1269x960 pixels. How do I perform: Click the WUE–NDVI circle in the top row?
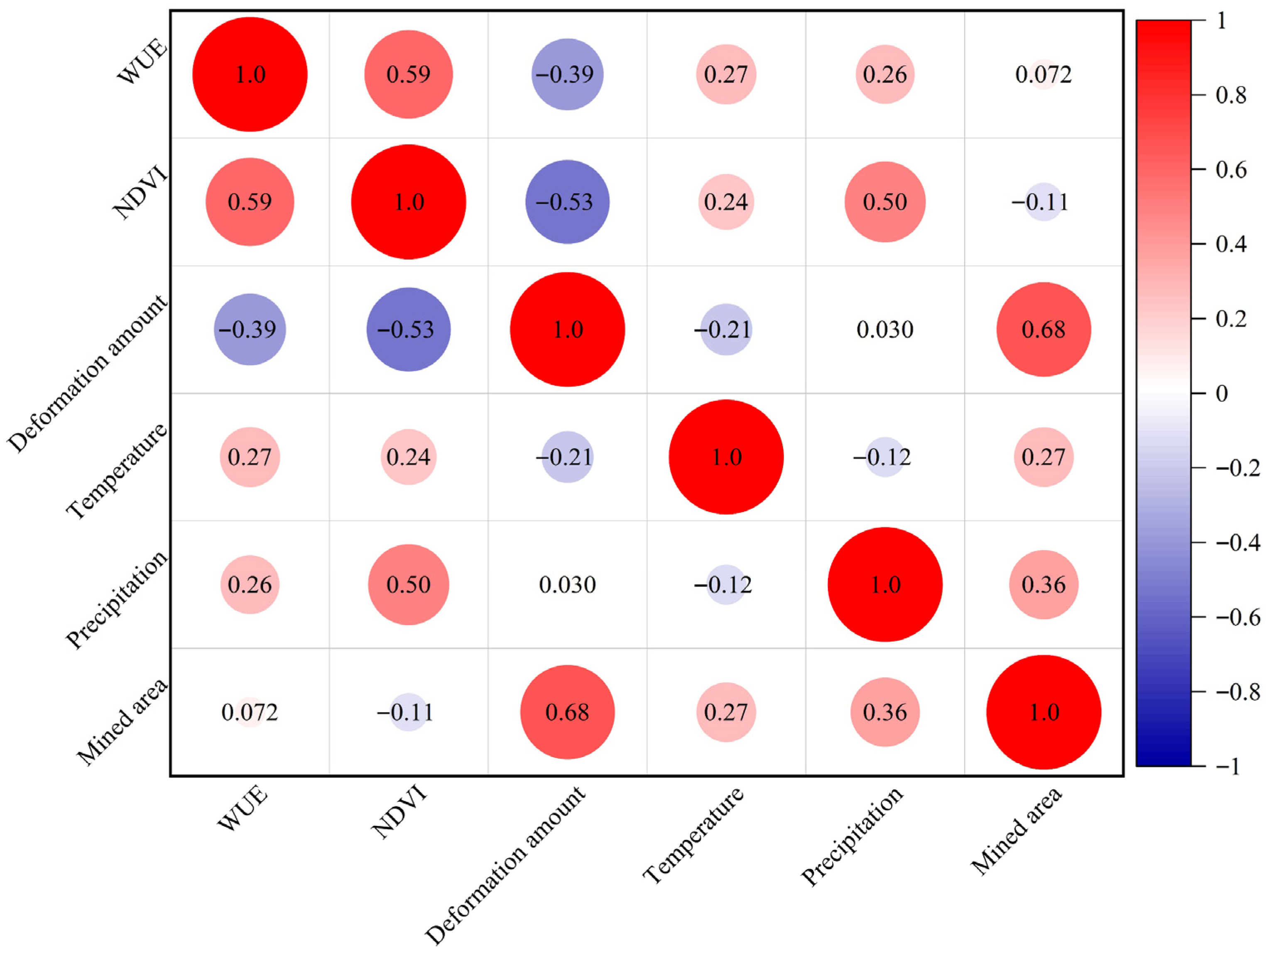point(409,75)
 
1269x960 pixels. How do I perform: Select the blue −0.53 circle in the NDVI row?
point(567,202)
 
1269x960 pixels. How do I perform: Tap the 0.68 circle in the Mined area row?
point(567,712)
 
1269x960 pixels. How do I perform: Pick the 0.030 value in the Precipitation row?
point(567,584)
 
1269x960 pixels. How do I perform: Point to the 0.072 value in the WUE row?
point(1044,75)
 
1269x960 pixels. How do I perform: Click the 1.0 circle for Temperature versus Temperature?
point(726,457)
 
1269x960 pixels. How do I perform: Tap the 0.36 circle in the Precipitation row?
point(1044,584)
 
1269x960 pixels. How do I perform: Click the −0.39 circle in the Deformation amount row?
point(250,329)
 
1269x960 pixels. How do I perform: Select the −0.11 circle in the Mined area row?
point(409,712)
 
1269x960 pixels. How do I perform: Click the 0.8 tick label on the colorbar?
point(1230,95)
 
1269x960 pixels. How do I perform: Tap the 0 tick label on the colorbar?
point(1222,393)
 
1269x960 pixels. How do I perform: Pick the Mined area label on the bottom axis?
point(1016,831)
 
